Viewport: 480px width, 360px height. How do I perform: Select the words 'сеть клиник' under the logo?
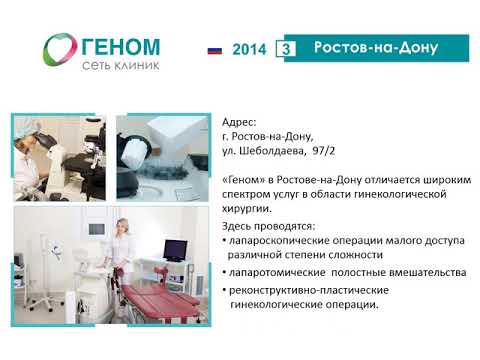click(116, 66)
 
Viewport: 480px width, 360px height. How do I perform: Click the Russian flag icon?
click(214, 48)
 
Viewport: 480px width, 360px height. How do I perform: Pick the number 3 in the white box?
click(288, 48)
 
